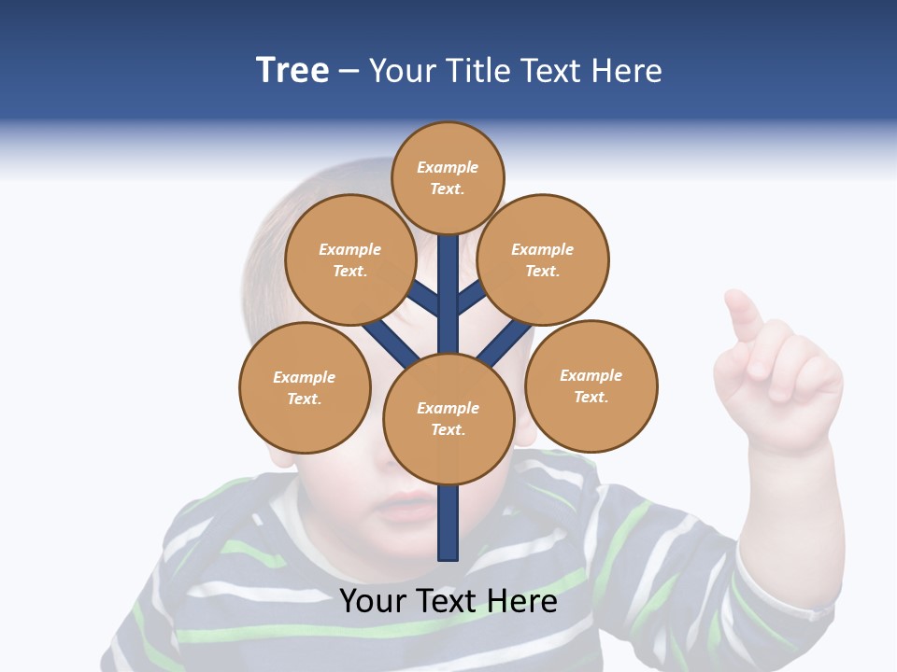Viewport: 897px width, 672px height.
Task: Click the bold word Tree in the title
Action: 292,71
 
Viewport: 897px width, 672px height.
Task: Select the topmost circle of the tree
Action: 448,177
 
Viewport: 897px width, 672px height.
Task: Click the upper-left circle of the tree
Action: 349,259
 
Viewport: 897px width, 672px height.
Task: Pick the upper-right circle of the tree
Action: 543,259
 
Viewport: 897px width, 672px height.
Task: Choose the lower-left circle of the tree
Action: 305,387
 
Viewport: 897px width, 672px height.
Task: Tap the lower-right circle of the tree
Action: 591,385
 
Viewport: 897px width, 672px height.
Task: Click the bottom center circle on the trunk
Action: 448,418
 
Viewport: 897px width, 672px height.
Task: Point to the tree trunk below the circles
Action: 448,523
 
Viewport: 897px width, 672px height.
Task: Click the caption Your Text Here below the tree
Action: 448,601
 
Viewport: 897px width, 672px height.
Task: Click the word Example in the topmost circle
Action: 448,167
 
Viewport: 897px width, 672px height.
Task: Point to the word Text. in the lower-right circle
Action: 591,397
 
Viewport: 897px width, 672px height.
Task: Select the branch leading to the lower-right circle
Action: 505,342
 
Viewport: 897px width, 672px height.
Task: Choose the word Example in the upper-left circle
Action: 349,249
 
